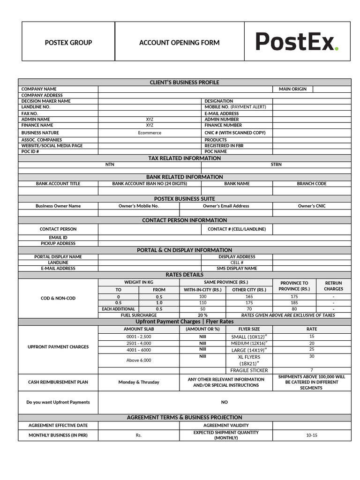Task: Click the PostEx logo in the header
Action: pos(297,41)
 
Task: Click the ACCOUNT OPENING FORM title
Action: pos(179,43)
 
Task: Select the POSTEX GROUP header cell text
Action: pos(68,43)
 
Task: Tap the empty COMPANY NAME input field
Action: pos(185,89)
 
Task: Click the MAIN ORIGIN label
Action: pos(292,89)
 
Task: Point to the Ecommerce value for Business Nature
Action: pos(150,133)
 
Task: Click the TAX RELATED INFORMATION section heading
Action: pos(184,158)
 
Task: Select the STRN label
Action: pos(276,165)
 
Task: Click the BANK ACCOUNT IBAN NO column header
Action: pos(150,184)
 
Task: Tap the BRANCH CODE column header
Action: pos(312,184)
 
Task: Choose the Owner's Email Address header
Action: pos(226,206)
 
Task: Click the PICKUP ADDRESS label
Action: pos(58,243)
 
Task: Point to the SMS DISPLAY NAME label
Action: pos(237,269)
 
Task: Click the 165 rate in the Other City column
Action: pos(249,297)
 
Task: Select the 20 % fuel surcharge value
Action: pos(202,315)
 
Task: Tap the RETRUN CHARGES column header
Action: pos(333,286)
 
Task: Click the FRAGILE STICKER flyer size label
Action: pos(249,370)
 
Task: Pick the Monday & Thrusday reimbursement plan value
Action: pos(139,382)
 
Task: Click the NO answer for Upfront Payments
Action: pos(224,402)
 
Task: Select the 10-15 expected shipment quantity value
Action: pos(312,435)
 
